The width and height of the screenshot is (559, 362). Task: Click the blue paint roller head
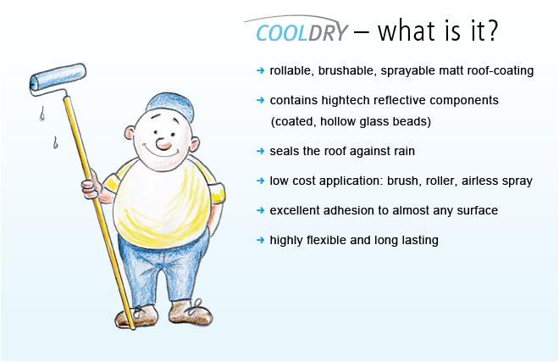pyautogui.click(x=58, y=77)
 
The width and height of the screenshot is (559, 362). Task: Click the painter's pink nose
pyautogui.click(x=163, y=143)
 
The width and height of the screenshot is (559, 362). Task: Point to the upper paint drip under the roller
pyautogui.click(x=42, y=114)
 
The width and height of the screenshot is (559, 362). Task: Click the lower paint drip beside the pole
pyautogui.click(x=55, y=142)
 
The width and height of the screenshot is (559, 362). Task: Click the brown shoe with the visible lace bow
pyautogui.click(x=191, y=312)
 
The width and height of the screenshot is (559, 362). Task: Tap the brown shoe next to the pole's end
pyautogui.click(x=136, y=316)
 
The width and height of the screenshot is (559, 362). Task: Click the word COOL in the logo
pyautogui.click(x=282, y=33)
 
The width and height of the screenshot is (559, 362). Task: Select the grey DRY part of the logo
pyautogui.click(x=328, y=33)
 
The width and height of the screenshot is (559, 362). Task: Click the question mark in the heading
pyautogui.click(x=491, y=31)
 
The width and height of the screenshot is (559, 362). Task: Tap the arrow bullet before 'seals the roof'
pyautogui.click(x=260, y=151)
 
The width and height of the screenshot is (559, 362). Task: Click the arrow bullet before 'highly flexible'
pyautogui.click(x=260, y=240)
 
